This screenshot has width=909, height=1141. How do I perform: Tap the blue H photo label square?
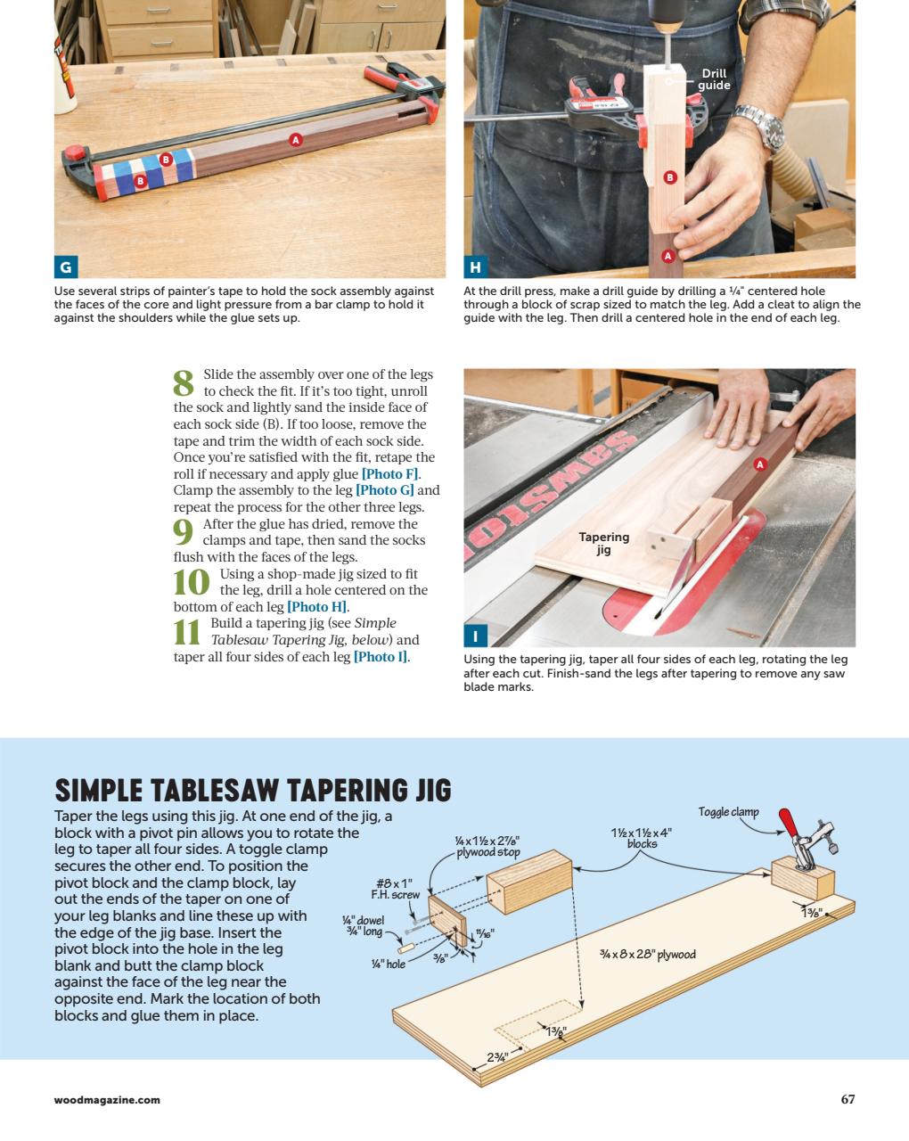point(475,267)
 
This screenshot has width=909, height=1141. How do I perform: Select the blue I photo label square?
point(475,636)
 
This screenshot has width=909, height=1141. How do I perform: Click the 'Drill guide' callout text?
point(714,79)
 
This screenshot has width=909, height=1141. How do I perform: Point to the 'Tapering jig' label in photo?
point(604,543)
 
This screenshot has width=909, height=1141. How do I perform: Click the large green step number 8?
point(184,383)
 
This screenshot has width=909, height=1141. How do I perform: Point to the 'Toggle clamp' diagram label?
point(728,811)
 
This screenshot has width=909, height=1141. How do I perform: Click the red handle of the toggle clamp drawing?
point(788,824)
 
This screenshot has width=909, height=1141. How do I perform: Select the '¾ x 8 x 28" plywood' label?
point(648,955)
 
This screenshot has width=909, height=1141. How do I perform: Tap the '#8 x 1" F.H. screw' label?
point(395,889)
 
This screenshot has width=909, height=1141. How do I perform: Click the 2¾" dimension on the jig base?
point(496,1057)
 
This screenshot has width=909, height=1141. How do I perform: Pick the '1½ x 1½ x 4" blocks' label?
point(641,838)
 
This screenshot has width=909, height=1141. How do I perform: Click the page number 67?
point(848,1099)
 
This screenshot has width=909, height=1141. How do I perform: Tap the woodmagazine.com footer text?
point(107,1100)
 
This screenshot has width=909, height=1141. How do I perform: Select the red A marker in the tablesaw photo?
point(760,464)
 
